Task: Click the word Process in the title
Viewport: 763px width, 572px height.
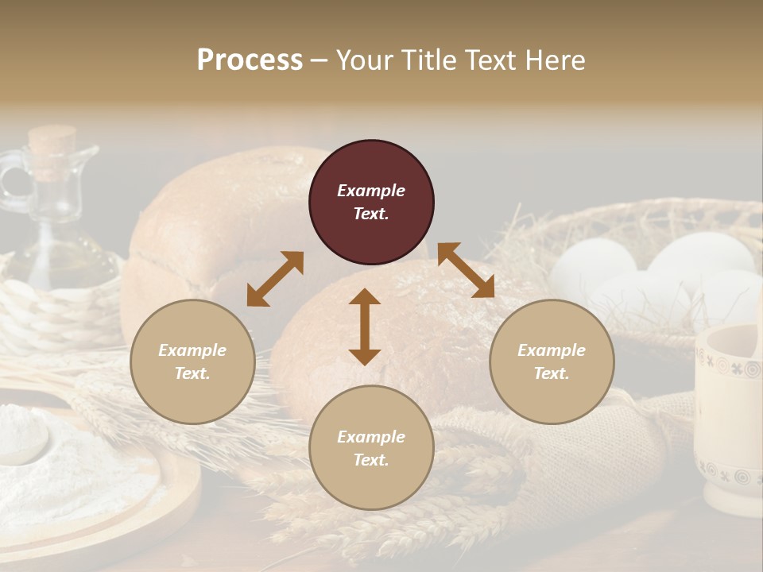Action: point(250,60)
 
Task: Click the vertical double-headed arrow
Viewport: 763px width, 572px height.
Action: point(365,327)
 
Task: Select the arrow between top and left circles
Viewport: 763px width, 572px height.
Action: point(275,279)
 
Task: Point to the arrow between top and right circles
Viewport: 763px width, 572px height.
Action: point(466,271)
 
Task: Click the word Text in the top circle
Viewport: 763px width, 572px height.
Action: point(370,214)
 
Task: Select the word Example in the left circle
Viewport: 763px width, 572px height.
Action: point(192,350)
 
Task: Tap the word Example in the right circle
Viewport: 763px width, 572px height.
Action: point(552,350)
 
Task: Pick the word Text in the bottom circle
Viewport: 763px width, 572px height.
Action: point(370,460)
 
